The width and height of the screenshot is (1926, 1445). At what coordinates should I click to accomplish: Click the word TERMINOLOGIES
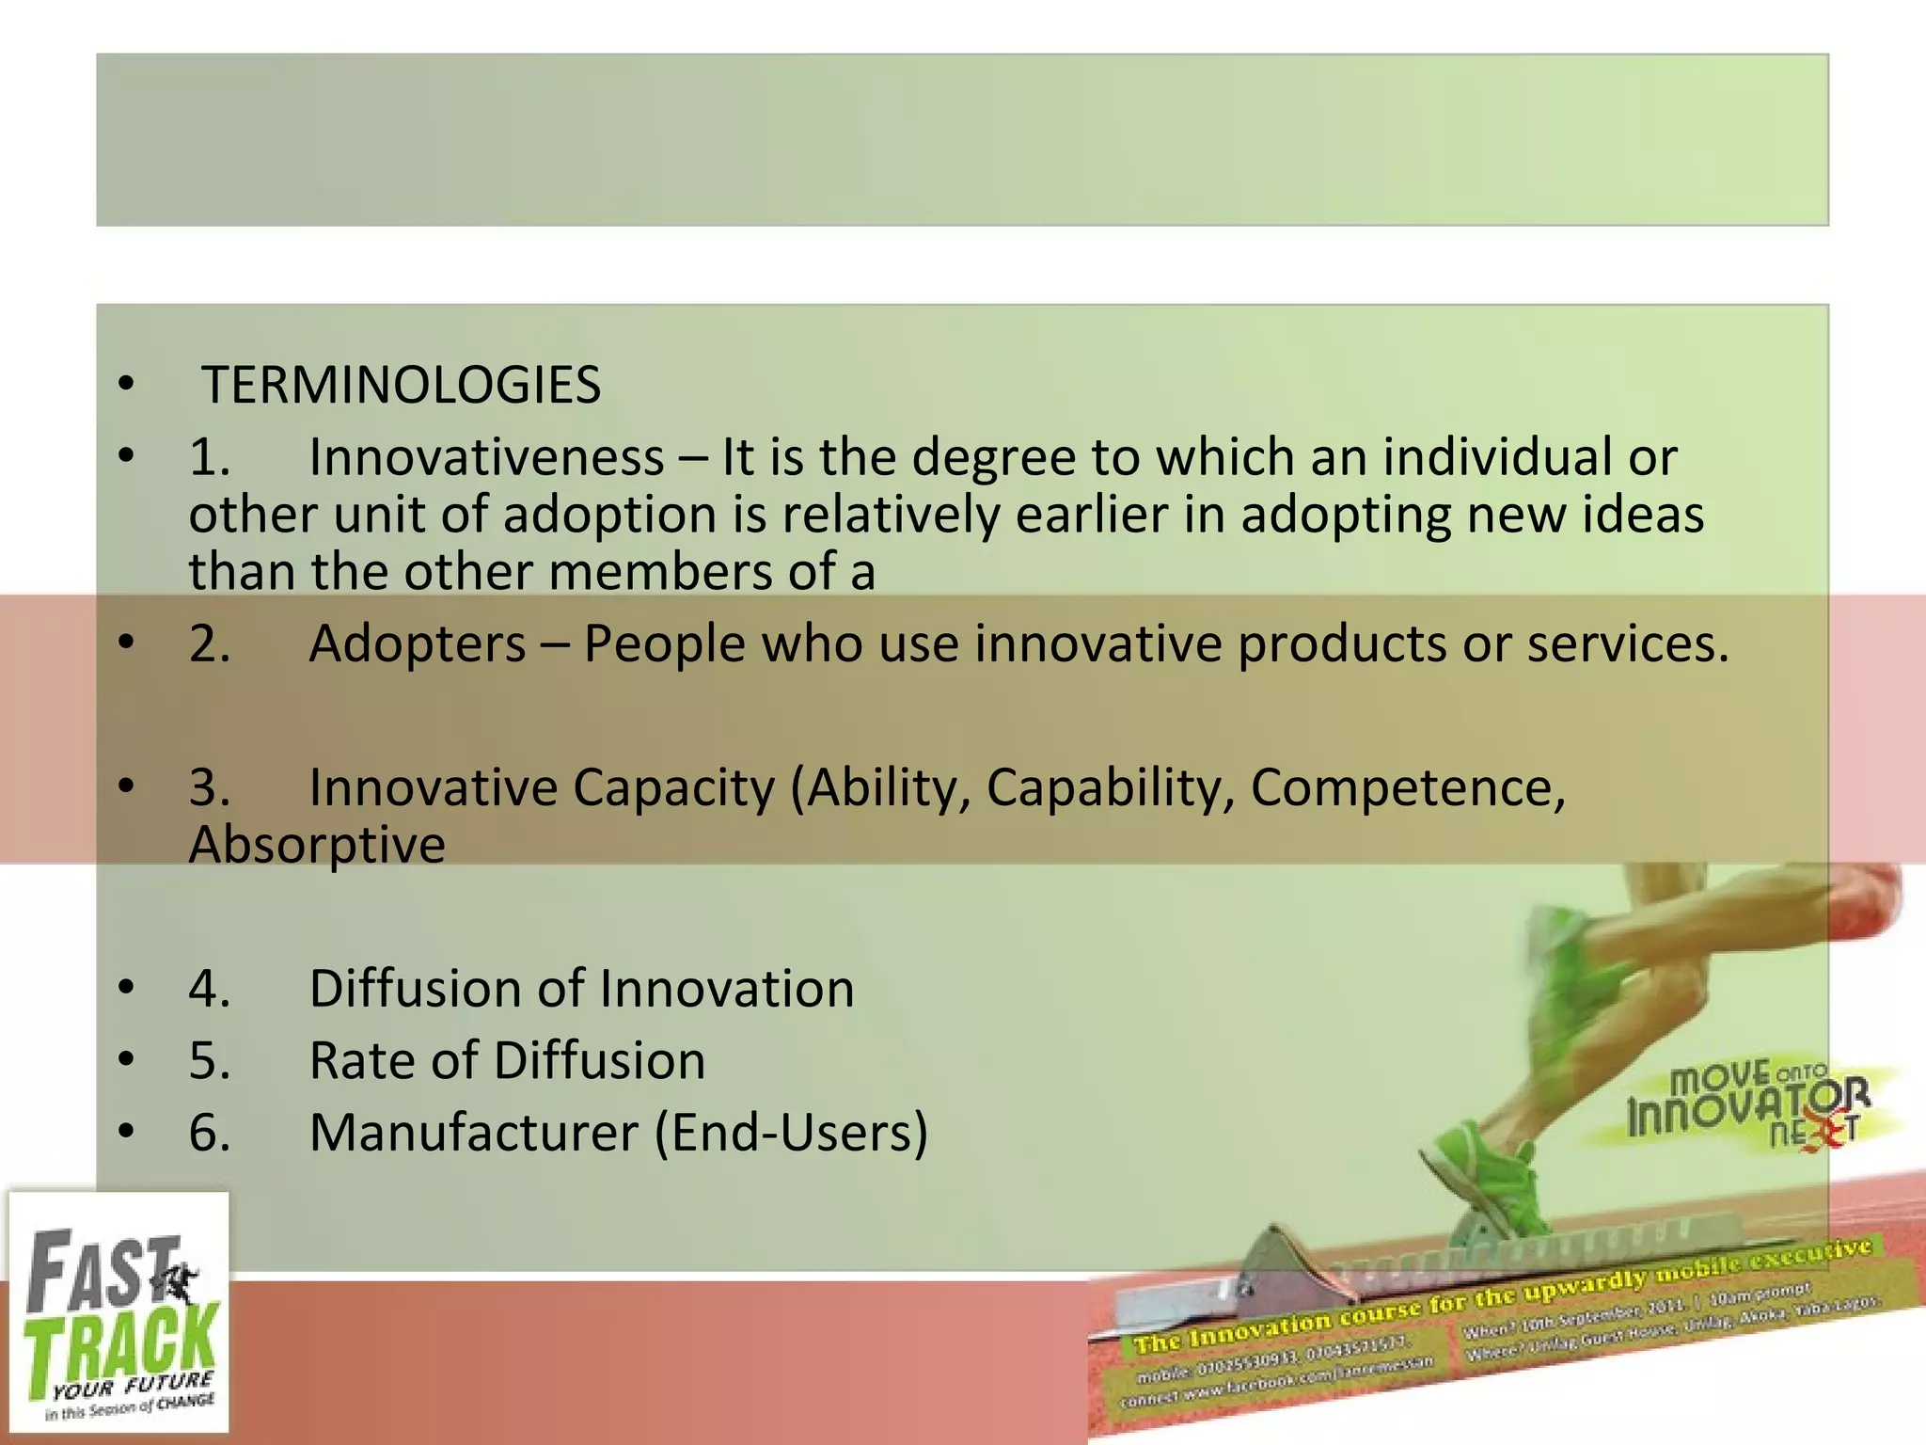[402, 386]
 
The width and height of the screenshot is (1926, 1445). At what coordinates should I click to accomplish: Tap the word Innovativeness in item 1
[486, 458]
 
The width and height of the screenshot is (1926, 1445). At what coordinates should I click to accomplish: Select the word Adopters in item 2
[418, 644]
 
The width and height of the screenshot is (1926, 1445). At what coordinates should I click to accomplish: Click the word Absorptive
[317, 845]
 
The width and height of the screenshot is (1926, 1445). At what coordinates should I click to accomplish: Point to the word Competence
[1407, 787]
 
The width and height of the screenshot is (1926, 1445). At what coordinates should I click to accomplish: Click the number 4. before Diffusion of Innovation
[209, 990]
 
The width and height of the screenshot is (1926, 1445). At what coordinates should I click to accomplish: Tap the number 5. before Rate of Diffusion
[209, 1061]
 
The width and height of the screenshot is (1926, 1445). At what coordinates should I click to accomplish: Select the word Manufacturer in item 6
[474, 1133]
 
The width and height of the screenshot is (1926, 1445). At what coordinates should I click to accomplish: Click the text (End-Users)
[791, 1133]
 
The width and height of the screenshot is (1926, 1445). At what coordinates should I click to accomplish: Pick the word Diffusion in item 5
[599, 1061]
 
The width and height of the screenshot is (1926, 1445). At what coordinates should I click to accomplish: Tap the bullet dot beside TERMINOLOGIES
[127, 386]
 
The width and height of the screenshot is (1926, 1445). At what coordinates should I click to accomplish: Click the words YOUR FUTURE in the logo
[133, 1387]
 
